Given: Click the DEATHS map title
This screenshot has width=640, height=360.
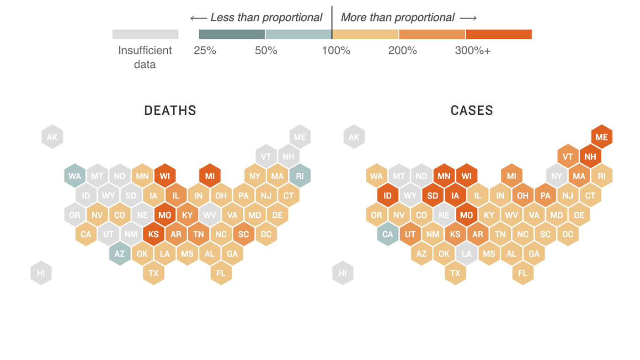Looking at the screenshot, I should (x=170, y=111).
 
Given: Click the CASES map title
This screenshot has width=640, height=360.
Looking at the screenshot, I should (x=472, y=111).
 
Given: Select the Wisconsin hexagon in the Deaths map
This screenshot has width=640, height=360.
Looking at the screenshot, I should (x=165, y=176).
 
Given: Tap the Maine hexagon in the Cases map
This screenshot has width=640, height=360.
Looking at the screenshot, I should (x=602, y=137).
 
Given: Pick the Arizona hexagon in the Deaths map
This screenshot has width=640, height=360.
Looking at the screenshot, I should (x=120, y=254).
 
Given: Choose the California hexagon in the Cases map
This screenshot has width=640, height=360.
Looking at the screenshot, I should (x=388, y=234).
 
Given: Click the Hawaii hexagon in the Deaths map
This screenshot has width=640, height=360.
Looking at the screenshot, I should (x=41, y=273).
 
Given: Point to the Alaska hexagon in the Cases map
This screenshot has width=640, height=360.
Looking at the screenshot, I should (x=354, y=137).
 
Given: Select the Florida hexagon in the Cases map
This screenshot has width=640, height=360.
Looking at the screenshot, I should (x=523, y=273).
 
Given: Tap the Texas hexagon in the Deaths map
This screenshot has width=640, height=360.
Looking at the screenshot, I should (x=154, y=273).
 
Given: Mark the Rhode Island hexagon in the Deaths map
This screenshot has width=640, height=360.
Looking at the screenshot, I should (x=300, y=176).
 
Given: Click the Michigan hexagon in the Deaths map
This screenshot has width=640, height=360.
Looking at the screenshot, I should (x=210, y=176).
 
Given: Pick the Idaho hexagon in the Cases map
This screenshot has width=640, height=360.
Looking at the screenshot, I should (x=388, y=196).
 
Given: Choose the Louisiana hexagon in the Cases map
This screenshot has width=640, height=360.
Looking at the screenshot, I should (x=466, y=254).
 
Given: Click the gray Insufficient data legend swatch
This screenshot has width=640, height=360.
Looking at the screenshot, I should (x=145, y=34).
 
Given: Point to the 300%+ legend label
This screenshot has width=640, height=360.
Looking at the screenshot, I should (x=472, y=51).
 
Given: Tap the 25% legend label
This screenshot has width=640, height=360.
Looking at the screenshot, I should (x=205, y=51).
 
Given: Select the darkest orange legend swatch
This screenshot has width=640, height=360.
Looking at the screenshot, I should (x=498, y=34).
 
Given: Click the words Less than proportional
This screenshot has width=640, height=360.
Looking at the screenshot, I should (x=266, y=18).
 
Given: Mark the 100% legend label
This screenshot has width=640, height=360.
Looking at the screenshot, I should (x=336, y=51).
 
